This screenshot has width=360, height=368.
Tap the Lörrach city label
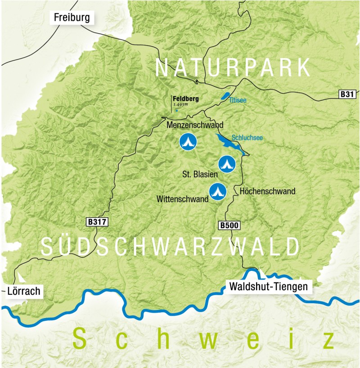(24, 292)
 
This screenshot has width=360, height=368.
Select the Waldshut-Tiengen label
(268, 286)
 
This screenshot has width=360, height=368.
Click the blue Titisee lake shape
(224, 96)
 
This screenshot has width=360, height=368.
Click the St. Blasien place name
(200, 174)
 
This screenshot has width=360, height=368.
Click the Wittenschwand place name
(182, 198)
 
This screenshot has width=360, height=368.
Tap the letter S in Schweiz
(81, 340)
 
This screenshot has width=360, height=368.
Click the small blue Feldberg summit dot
(177, 110)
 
